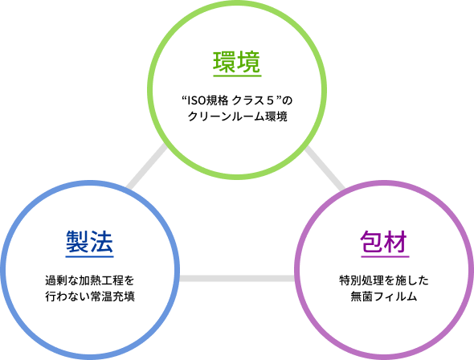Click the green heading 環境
237,62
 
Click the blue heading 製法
89,242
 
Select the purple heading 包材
384,242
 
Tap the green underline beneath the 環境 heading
237,76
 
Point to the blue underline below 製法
89,256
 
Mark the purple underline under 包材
385,256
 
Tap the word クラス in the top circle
248,100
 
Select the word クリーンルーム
226,117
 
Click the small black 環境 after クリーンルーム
276,117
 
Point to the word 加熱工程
101,280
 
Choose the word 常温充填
112,297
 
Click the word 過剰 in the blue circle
56,280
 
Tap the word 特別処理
362,280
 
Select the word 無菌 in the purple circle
362,297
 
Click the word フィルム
395,297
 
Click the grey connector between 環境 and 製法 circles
146,167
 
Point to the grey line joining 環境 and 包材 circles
325,169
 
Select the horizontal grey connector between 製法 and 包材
237,278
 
